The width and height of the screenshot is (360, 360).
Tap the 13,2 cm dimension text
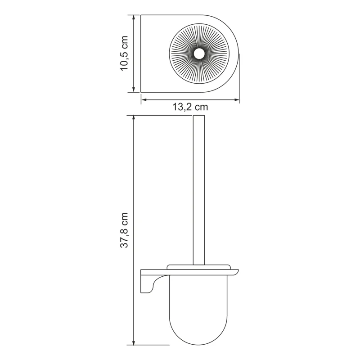(x=190, y=107)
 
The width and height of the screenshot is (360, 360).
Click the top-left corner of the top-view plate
(x=142, y=16)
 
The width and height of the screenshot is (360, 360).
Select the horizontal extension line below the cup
(x=148, y=345)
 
